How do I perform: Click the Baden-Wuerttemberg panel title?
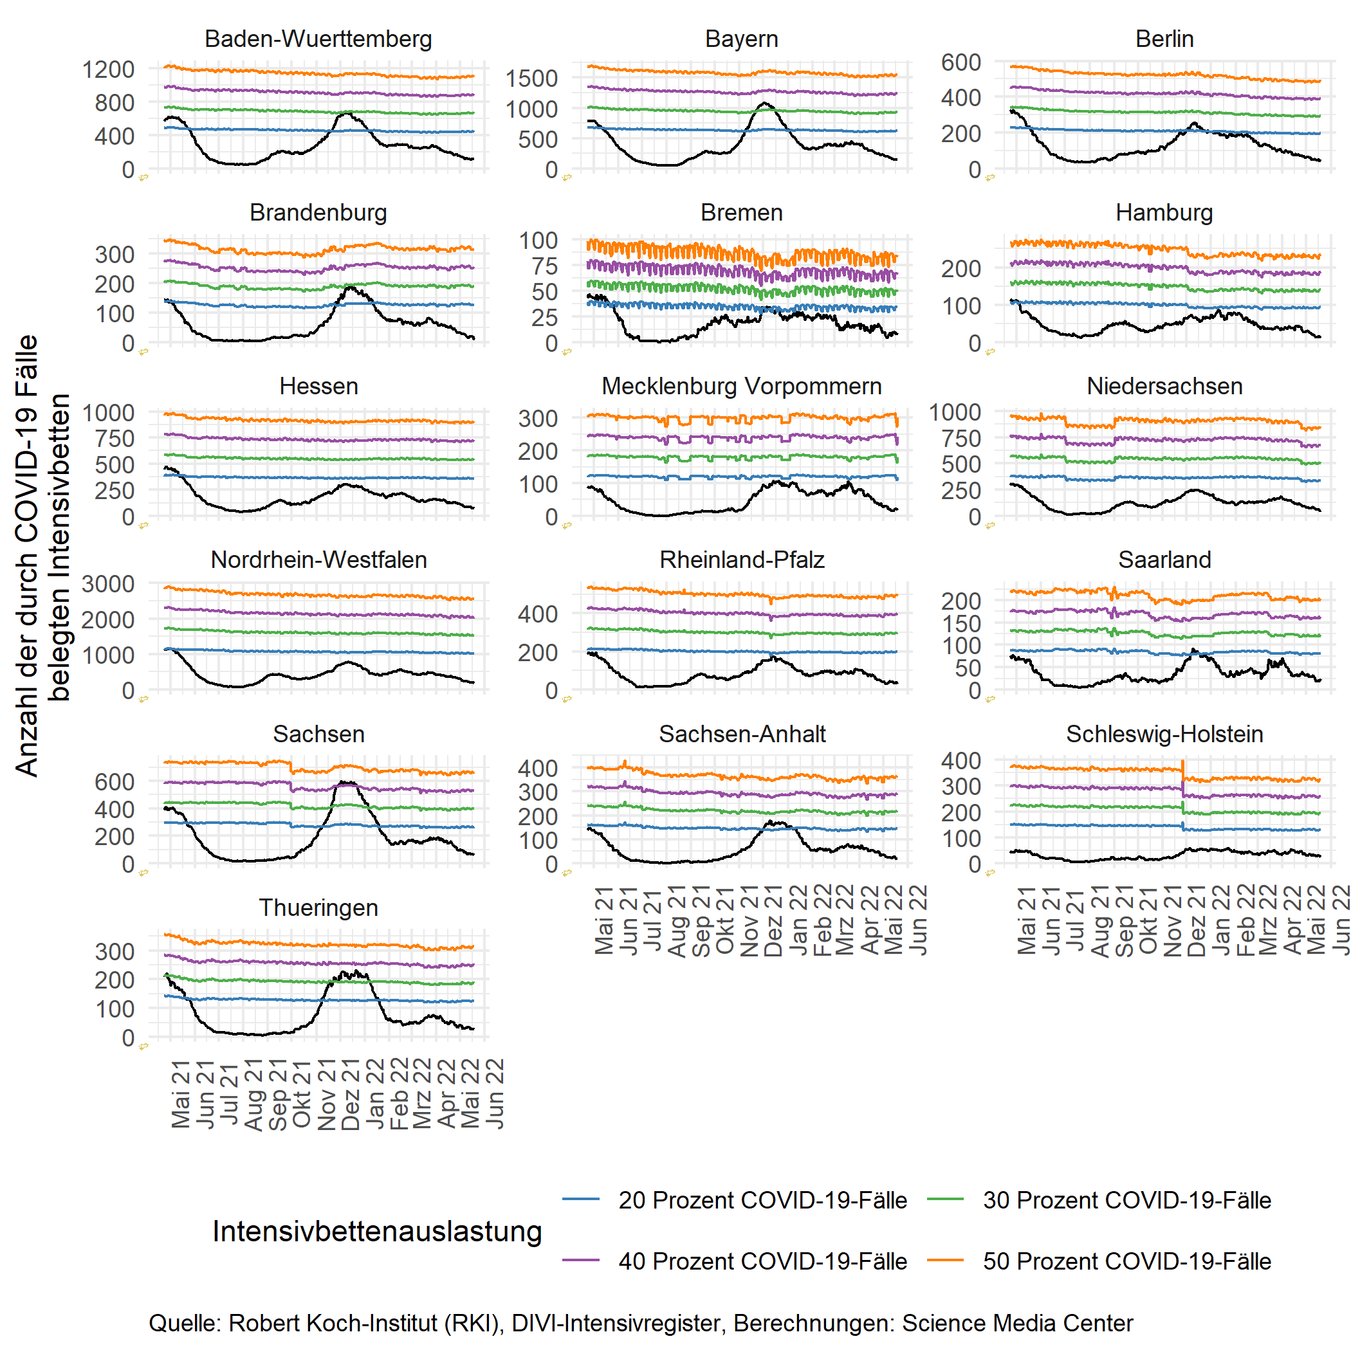click(318, 39)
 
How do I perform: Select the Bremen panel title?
click(741, 212)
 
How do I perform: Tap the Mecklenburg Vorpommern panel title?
click(741, 386)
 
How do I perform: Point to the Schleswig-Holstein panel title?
click(1164, 734)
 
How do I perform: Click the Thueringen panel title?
click(318, 908)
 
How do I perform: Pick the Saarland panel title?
click(1164, 560)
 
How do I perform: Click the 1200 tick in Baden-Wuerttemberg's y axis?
click(108, 69)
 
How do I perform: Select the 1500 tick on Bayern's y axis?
click(531, 78)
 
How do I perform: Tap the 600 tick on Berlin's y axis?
click(960, 62)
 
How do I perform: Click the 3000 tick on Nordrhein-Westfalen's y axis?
click(108, 584)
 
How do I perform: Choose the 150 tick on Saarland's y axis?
click(960, 623)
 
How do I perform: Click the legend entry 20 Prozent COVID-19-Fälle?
click(762, 1199)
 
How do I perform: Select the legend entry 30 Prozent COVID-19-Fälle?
click(1126, 1199)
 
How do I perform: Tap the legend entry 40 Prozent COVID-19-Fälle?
click(762, 1261)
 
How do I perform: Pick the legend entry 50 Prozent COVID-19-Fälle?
click(1126, 1261)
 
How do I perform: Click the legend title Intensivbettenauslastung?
click(377, 1231)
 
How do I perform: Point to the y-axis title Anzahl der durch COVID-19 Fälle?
click(26, 556)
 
